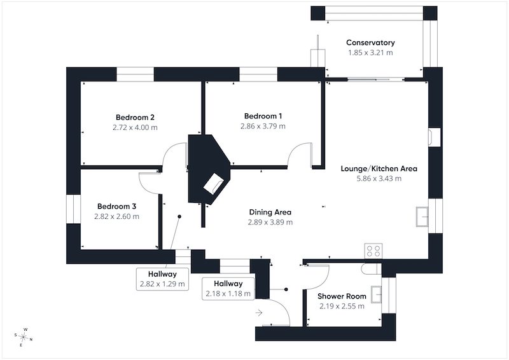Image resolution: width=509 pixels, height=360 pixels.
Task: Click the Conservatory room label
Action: (x=370, y=43)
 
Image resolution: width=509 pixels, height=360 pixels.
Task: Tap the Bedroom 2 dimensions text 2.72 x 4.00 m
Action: (x=135, y=127)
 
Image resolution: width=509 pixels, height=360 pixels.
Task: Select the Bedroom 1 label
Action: (x=263, y=116)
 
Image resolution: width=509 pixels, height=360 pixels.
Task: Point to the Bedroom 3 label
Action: (x=116, y=206)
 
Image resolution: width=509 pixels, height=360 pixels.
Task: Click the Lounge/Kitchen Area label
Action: (x=379, y=169)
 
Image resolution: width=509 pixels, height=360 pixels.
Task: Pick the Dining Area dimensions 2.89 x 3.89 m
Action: (x=270, y=222)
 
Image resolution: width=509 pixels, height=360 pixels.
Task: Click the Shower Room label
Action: (x=342, y=296)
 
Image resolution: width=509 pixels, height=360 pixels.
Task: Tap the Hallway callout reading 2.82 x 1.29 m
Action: (x=162, y=279)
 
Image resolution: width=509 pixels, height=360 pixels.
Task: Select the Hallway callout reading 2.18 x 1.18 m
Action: (x=228, y=289)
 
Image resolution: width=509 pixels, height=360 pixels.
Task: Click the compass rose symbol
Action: (x=24, y=337)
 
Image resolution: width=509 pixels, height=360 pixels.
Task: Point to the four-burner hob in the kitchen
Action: (x=373, y=251)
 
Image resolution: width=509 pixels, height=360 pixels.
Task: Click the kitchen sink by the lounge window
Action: (x=422, y=216)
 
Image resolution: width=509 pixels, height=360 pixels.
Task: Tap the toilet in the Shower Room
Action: (x=371, y=268)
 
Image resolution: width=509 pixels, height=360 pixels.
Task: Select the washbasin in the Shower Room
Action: (x=376, y=294)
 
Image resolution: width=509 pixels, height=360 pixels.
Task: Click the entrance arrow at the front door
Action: (x=259, y=312)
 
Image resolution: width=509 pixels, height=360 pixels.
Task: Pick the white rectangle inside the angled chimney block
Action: (x=213, y=184)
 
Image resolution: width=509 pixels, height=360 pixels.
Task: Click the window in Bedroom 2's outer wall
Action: (x=135, y=74)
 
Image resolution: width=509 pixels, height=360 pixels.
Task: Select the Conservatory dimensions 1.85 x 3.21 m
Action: (x=370, y=53)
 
